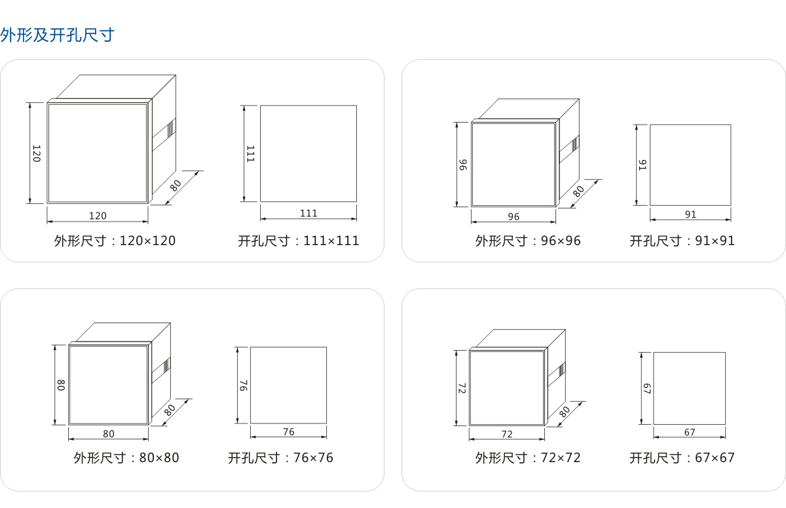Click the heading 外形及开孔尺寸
(58, 35)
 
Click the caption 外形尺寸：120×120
(115, 241)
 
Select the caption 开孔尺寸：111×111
(299, 241)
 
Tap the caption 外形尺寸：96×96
(528, 241)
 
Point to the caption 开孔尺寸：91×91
(683, 241)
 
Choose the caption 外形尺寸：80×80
(126, 458)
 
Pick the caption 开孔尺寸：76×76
(280, 458)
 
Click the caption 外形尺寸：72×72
(528, 458)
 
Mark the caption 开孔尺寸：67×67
(683, 458)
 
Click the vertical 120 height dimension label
(37, 153)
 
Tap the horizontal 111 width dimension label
(309, 213)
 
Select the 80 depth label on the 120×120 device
(176, 185)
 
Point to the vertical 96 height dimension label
(462, 165)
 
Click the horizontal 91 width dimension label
(690, 214)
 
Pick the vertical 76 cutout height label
(242, 385)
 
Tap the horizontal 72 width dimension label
(507, 434)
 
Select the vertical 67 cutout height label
(645, 388)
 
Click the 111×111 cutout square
(309, 153)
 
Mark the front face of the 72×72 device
(506, 388)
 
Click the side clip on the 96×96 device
(574, 144)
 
